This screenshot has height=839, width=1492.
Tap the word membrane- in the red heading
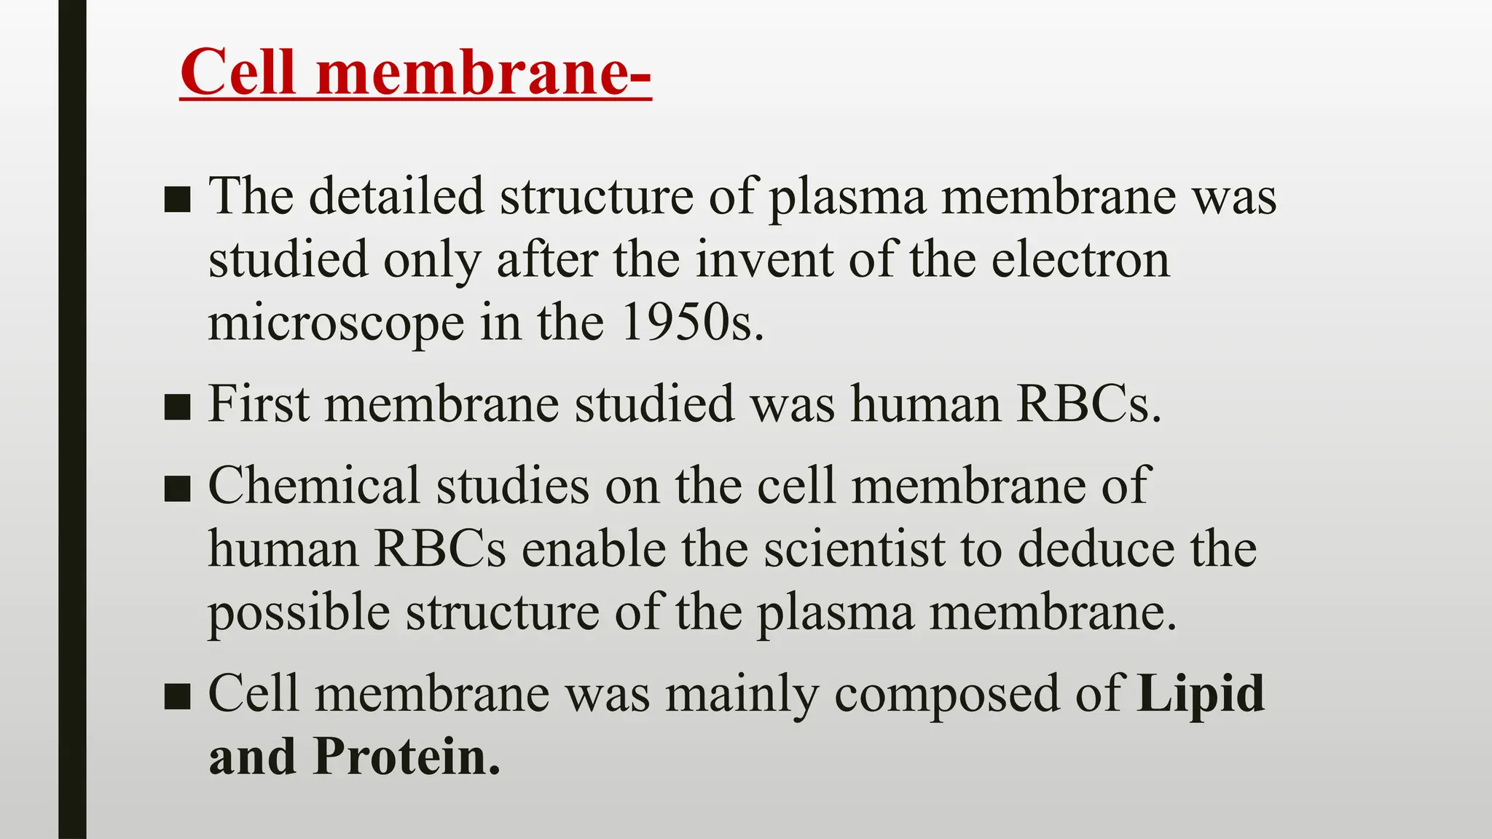pyautogui.click(x=484, y=72)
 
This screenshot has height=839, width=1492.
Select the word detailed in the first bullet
pyautogui.click(x=396, y=196)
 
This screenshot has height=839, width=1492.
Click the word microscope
pyautogui.click(x=336, y=323)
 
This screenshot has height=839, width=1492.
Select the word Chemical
pyautogui.click(x=314, y=485)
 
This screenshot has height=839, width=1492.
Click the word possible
pyautogui.click(x=299, y=613)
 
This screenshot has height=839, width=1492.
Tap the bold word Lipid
pyautogui.click(x=1201, y=693)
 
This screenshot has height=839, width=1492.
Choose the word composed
pyautogui.click(x=946, y=695)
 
